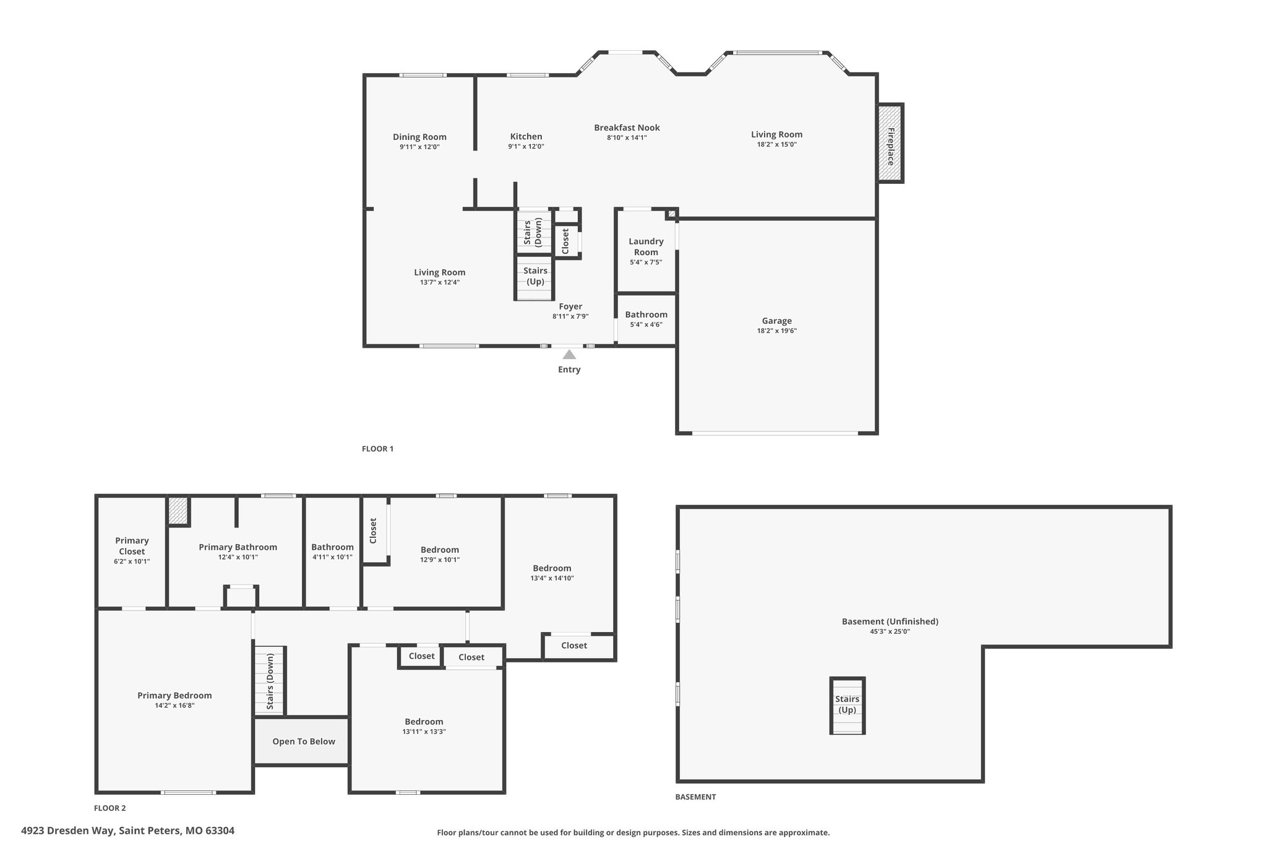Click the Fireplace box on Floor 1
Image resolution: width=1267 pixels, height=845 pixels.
[890, 143]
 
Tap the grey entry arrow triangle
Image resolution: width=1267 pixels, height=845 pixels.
[569, 354]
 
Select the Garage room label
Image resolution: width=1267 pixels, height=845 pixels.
[776, 321]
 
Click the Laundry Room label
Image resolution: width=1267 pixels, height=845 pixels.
[646, 246]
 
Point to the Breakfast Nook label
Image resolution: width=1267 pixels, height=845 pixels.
[627, 128]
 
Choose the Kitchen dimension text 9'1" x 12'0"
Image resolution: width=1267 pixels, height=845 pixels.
[526, 147]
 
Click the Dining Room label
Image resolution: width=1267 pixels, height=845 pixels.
[419, 137]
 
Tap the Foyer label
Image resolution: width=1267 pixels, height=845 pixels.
[570, 306]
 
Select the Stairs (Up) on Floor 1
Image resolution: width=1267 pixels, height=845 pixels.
[535, 277]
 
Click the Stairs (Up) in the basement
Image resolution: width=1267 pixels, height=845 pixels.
[847, 706]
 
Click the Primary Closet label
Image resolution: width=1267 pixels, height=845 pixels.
[132, 545]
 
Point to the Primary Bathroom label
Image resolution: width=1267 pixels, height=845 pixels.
[238, 547]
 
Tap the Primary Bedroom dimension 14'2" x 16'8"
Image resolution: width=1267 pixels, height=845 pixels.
[174, 705]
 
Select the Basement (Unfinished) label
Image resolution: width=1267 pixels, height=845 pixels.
[890, 622]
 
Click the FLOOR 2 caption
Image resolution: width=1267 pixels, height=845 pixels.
[110, 808]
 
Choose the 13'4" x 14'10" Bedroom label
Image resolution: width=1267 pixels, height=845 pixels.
[552, 573]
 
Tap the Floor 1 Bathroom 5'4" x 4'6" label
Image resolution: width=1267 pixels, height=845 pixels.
[646, 319]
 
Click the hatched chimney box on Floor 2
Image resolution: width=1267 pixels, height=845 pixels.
[178, 511]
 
